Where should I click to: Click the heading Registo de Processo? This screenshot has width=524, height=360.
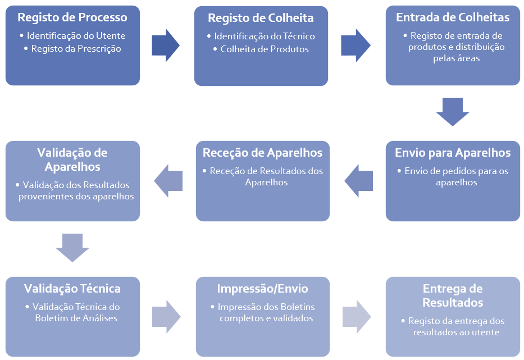click(x=72, y=17)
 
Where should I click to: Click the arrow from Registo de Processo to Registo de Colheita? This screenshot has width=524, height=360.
click(x=166, y=45)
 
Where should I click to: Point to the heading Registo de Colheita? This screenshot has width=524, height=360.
click(x=261, y=18)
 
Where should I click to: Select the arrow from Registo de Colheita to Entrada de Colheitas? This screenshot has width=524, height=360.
click(x=356, y=45)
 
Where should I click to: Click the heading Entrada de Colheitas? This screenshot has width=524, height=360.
click(x=453, y=17)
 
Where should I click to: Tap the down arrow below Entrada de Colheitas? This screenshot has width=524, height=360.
click(x=453, y=111)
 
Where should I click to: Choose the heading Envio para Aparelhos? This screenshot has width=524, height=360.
click(x=453, y=153)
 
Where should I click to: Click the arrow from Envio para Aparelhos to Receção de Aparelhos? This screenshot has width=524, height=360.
click(x=359, y=180)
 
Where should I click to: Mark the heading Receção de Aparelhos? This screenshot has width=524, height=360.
click(x=262, y=153)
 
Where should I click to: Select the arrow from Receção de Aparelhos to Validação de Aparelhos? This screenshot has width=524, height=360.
click(x=168, y=180)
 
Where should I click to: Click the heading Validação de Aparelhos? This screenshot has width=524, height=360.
click(x=72, y=160)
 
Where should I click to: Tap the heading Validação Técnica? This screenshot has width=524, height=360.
click(x=72, y=289)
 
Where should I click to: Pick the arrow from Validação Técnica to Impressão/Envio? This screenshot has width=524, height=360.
click(x=166, y=316)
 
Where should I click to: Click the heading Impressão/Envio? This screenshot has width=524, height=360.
click(x=262, y=289)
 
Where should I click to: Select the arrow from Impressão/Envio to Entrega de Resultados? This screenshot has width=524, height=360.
click(x=357, y=316)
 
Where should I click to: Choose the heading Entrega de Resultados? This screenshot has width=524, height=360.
click(x=453, y=295)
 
